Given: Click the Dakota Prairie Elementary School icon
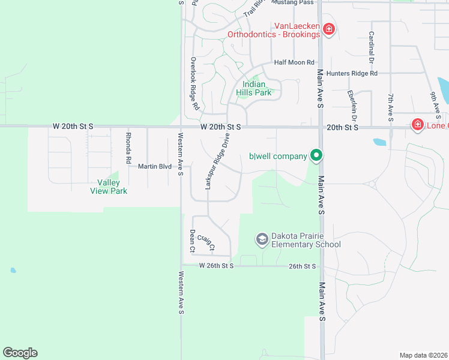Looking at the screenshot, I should point(262,239).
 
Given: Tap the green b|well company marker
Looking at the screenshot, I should point(316,156).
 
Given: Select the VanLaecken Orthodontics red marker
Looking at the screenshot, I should point(328,29).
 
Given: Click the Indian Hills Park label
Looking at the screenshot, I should point(258,88).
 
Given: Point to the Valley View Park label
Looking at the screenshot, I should point(109,187).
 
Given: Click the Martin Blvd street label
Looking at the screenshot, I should point(155,166).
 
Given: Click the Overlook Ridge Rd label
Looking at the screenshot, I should point(194,83).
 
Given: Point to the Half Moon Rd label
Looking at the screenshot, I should point(294,62).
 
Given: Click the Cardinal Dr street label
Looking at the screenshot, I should point(371,48).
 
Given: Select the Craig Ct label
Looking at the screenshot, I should point(206,242).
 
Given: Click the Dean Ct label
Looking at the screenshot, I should point(192,240).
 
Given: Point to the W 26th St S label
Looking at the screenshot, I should point(216,265).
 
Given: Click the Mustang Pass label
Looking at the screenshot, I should point(292,2).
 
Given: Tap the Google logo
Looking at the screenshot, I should point(20,353).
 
